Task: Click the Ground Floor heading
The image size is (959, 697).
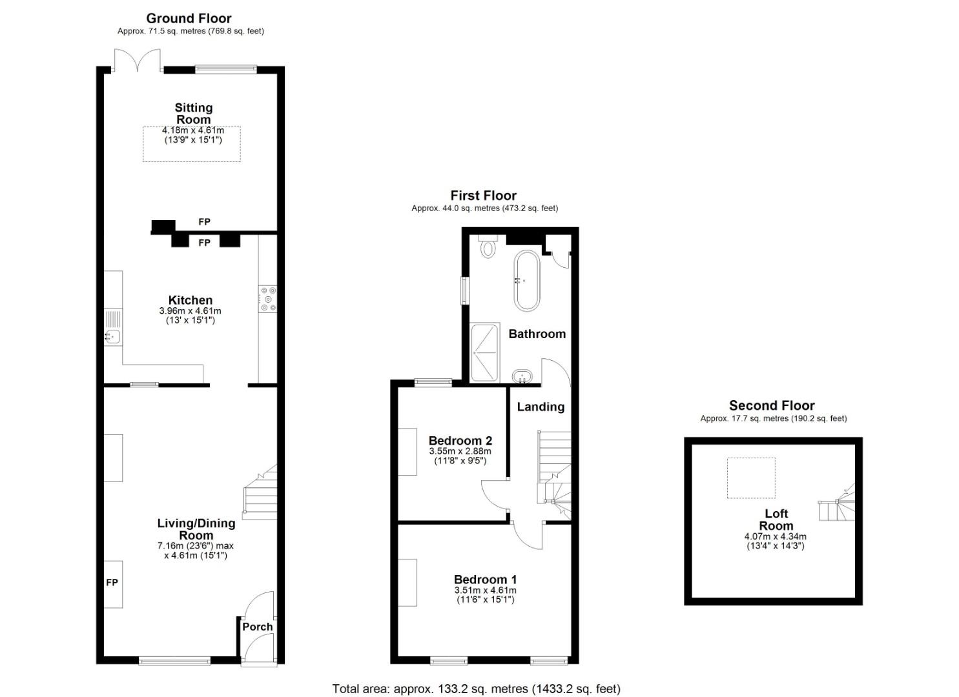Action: (x=189, y=19)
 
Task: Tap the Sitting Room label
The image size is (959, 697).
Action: (x=194, y=114)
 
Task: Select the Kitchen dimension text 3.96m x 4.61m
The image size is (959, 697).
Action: (x=190, y=310)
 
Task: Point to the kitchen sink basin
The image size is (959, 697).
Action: (x=112, y=337)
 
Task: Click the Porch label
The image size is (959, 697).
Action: (x=257, y=627)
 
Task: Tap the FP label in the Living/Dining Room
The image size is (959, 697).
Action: (x=112, y=582)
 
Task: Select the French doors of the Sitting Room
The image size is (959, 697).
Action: (x=138, y=60)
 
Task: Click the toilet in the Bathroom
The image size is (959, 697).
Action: (x=488, y=245)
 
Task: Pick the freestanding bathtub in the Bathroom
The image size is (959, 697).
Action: (x=527, y=280)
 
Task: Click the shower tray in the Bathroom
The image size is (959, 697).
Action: (x=485, y=352)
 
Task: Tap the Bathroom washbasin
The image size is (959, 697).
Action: (x=522, y=376)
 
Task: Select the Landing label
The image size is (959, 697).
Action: (x=541, y=407)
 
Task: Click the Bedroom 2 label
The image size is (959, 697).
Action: (x=460, y=441)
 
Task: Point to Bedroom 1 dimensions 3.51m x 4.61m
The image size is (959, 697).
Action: (x=486, y=591)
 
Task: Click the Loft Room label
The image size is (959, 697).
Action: (x=776, y=520)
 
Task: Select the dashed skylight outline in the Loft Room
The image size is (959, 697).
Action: (x=751, y=478)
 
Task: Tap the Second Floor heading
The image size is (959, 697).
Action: (x=772, y=405)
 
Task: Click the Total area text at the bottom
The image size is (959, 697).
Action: (x=476, y=689)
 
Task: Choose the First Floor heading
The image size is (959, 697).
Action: (x=483, y=196)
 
